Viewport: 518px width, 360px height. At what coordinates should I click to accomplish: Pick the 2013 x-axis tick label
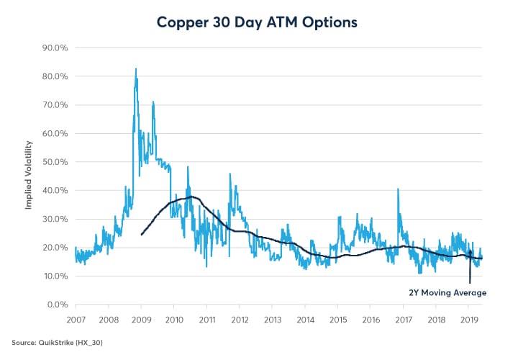coord(272,318)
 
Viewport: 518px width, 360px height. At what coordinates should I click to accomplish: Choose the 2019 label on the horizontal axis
coord(468,318)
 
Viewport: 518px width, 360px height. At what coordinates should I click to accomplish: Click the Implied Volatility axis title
coord(29,176)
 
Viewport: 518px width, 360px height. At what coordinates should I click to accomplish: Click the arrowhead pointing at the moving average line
coord(470,253)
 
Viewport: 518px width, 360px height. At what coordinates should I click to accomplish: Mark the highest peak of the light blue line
coord(136,69)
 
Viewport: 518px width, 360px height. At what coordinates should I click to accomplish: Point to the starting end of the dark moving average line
coord(141,235)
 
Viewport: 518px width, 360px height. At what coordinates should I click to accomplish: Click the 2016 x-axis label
coord(371,318)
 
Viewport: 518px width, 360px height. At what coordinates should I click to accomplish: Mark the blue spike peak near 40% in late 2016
coord(398,189)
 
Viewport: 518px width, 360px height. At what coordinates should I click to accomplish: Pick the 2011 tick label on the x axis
coord(206,318)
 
